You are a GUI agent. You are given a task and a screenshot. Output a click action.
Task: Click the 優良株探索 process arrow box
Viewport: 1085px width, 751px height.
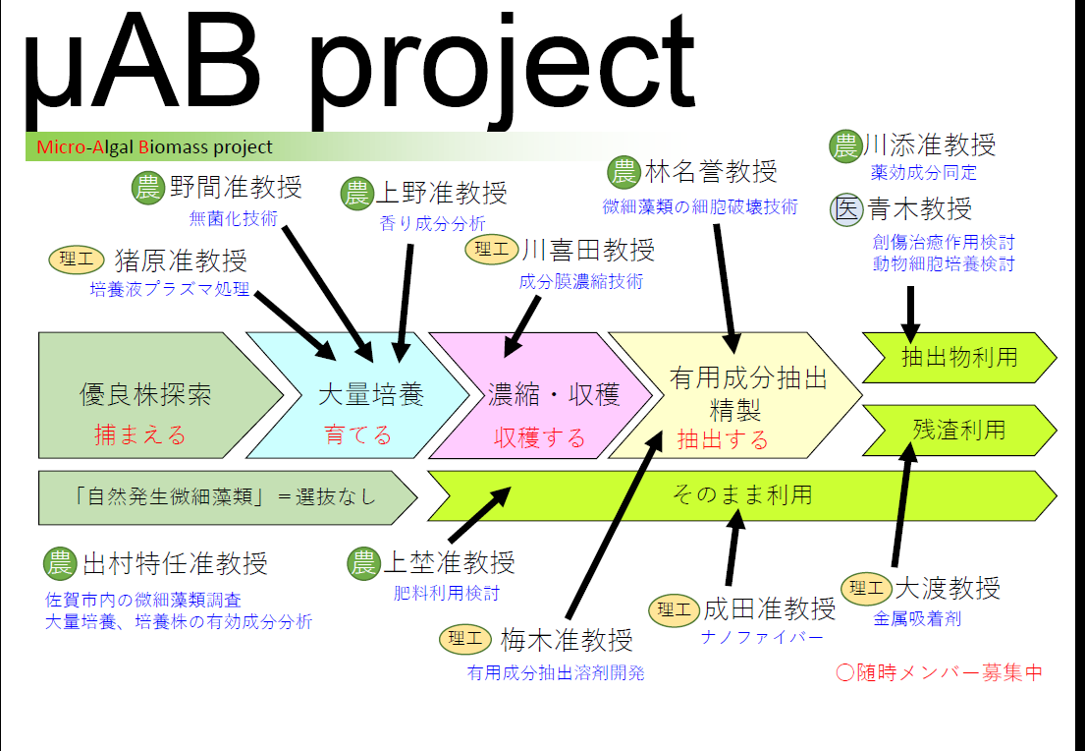[147, 395]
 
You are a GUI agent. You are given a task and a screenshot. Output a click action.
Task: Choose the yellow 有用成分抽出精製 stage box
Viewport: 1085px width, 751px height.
[736, 395]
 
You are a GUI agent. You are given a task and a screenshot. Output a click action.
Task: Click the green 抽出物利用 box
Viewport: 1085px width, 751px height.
[957, 357]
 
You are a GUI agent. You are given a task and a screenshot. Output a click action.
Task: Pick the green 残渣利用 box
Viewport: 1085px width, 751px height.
[957, 430]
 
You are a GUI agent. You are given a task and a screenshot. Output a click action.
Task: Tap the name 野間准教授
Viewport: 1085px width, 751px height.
[235, 187]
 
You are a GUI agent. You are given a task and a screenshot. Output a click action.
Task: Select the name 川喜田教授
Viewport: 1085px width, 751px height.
[587, 249]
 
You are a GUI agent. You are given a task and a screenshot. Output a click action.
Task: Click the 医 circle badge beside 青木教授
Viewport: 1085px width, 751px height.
[845, 209]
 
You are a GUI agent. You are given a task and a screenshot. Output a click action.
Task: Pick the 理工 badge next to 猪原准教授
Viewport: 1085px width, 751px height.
[77, 260]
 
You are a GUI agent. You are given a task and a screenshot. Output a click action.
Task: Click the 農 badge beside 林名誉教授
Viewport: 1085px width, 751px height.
[624, 173]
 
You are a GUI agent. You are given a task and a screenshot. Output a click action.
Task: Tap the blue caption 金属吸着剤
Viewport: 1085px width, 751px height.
[917, 619]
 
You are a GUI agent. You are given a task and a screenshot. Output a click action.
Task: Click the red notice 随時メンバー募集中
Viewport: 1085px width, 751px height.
[938, 672]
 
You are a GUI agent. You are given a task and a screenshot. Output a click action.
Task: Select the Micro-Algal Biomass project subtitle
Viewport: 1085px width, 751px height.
[155, 147]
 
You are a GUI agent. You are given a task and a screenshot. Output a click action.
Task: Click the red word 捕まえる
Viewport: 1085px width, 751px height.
[139, 434]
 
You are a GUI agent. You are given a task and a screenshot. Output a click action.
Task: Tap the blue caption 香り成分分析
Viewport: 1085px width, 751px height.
[432, 223]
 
